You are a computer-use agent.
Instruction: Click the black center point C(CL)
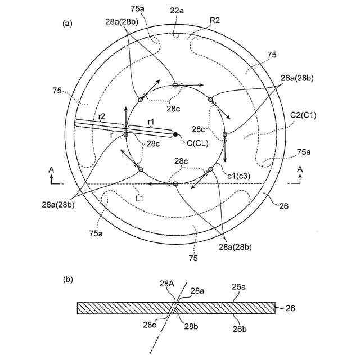point(175,134)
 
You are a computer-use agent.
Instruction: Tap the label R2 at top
point(214,20)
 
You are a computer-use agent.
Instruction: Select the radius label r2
point(101,116)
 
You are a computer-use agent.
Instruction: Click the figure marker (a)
point(67,23)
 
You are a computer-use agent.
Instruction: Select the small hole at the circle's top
point(175,84)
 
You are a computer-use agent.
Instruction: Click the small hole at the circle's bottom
point(175,184)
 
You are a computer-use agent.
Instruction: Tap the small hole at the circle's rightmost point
point(225,134)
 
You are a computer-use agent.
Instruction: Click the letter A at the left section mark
point(51,169)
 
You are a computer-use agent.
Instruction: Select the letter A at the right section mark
point(300,169)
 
